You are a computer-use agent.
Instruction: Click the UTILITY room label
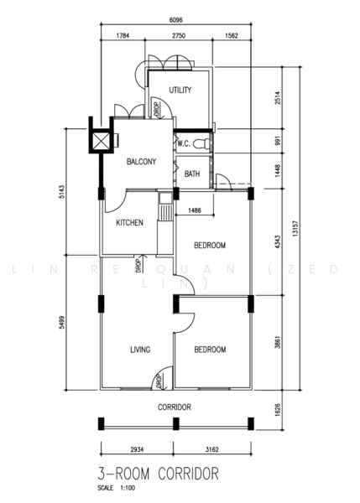180,91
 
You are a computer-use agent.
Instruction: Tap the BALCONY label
141,162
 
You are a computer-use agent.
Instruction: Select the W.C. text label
184,143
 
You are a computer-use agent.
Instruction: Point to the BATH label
192,174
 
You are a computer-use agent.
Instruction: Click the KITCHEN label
129,223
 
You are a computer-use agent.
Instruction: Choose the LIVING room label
140,350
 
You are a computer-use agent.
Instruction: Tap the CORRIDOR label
175,407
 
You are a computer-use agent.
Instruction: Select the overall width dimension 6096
176,20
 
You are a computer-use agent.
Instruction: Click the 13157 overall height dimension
296,229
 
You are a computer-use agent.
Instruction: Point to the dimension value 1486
195,210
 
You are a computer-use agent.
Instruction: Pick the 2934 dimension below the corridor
137,449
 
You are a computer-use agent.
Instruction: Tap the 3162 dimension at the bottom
212,449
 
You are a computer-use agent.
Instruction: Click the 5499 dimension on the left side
62,322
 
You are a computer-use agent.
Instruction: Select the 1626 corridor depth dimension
278,410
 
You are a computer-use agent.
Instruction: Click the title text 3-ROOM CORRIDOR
159,474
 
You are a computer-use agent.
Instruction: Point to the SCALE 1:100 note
117,488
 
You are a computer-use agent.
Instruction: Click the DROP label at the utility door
157,109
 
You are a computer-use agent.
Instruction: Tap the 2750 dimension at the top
179,35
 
